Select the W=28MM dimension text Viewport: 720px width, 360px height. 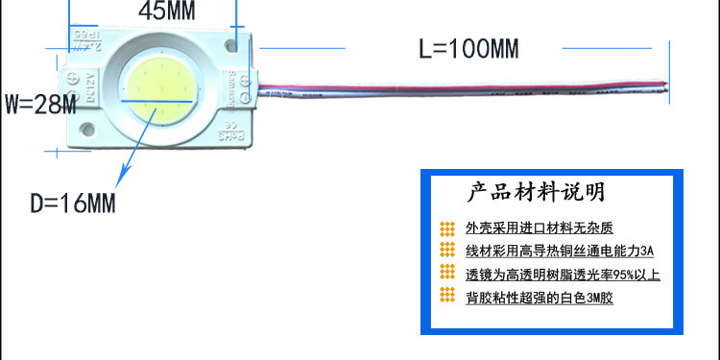click(x=39, y=104)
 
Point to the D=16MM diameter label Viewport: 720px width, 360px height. click(x=72, y=204)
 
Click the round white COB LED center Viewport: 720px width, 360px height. click(x=160, y=95)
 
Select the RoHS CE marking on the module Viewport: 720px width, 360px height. click(x=228, y=135)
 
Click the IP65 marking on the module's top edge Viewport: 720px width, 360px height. click(x=92, y=42)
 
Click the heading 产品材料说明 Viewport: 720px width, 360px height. click(x=535, y=192)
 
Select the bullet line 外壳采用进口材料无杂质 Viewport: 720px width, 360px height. click(x=539, y=228)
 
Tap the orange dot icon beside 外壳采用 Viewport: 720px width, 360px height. click(x=446, y=228)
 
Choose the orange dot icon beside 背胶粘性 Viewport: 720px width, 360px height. click(x=446, y=297)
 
